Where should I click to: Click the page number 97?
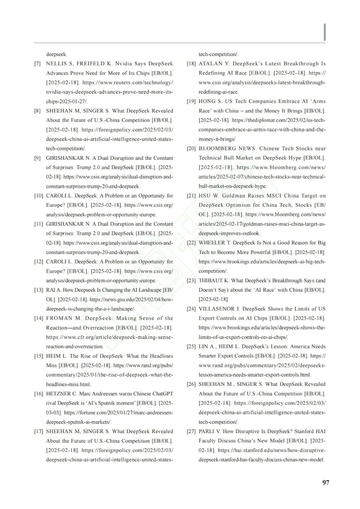(326, 482)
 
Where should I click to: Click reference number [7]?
(37, 64)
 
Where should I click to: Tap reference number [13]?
(39, 290)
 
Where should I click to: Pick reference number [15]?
(39, 356)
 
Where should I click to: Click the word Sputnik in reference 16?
(121, 403)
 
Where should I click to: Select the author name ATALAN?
(210, 64)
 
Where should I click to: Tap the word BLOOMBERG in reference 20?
(218, 149)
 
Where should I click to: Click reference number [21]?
(191, 196)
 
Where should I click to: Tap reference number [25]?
(191, 347)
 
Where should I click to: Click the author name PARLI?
(207, 431)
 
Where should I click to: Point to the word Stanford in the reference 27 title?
(305, 431)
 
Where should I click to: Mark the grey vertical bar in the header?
(325, 32)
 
